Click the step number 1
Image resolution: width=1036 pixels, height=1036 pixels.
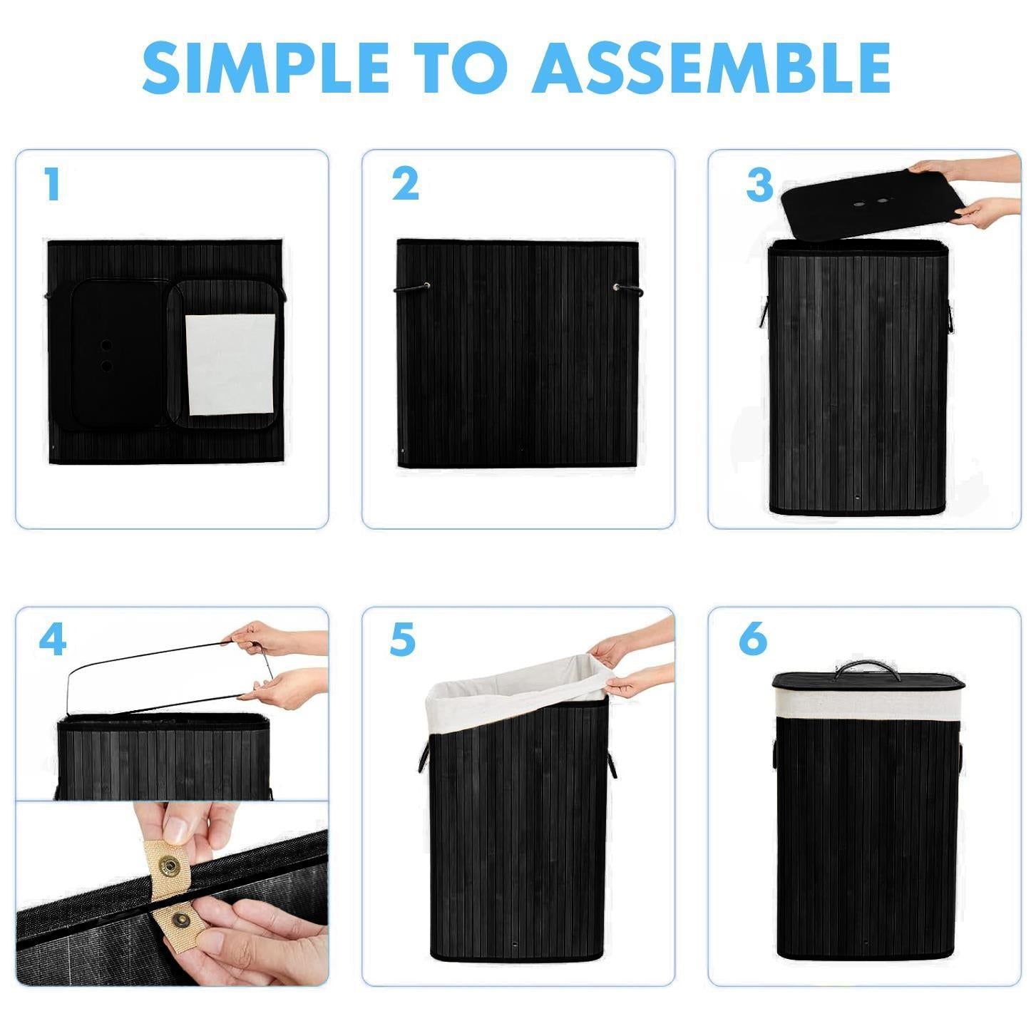(51, 185)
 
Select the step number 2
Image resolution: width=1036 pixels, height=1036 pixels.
(405, 185)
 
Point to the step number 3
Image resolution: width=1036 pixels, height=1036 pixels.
(759, 185)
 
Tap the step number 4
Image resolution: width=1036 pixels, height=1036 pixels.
(52, 640)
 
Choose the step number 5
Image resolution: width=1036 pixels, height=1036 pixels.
(402, 640)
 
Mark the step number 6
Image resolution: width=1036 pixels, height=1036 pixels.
(753, 639)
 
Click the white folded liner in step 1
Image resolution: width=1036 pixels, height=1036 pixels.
(230, 364)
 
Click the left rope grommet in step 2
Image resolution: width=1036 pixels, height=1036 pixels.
(426, 287)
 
